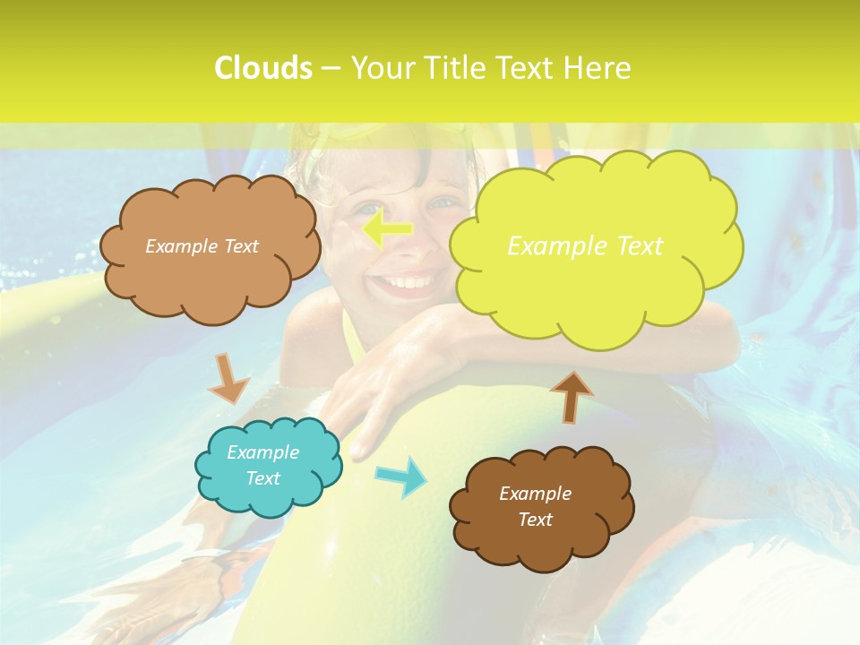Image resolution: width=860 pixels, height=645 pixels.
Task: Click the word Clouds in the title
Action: pyautogui.click(x=262, y=68)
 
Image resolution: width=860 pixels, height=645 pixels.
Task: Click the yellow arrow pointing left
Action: pyautogui.click(x=387, y=230)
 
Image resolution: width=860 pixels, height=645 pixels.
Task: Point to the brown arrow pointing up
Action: pyautogui.click(x=571, y=395)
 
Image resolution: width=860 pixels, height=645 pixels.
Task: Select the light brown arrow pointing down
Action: pyautogui.click(x=229, y=378)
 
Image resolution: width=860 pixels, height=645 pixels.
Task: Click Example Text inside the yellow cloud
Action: pyautogui.click(x=585, y=245)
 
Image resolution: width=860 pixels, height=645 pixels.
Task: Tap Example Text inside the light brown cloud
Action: pyautogui.click(x=202, y=245)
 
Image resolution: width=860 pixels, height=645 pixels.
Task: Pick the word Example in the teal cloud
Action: pyautogui.click(x=262, y=452)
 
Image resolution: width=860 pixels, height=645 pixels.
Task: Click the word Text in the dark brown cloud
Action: pyautogui.click(x=535, y=520)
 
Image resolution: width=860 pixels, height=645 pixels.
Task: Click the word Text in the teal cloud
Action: pyautogui.click(x=262, y=478)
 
